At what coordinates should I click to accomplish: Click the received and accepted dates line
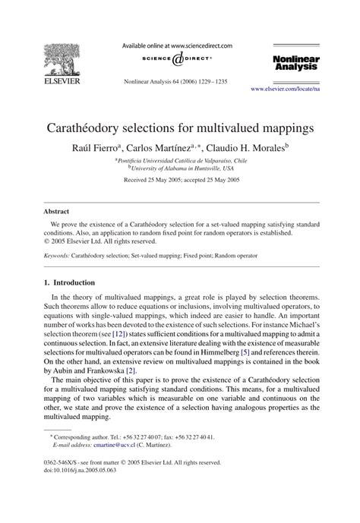coord(179,181)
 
